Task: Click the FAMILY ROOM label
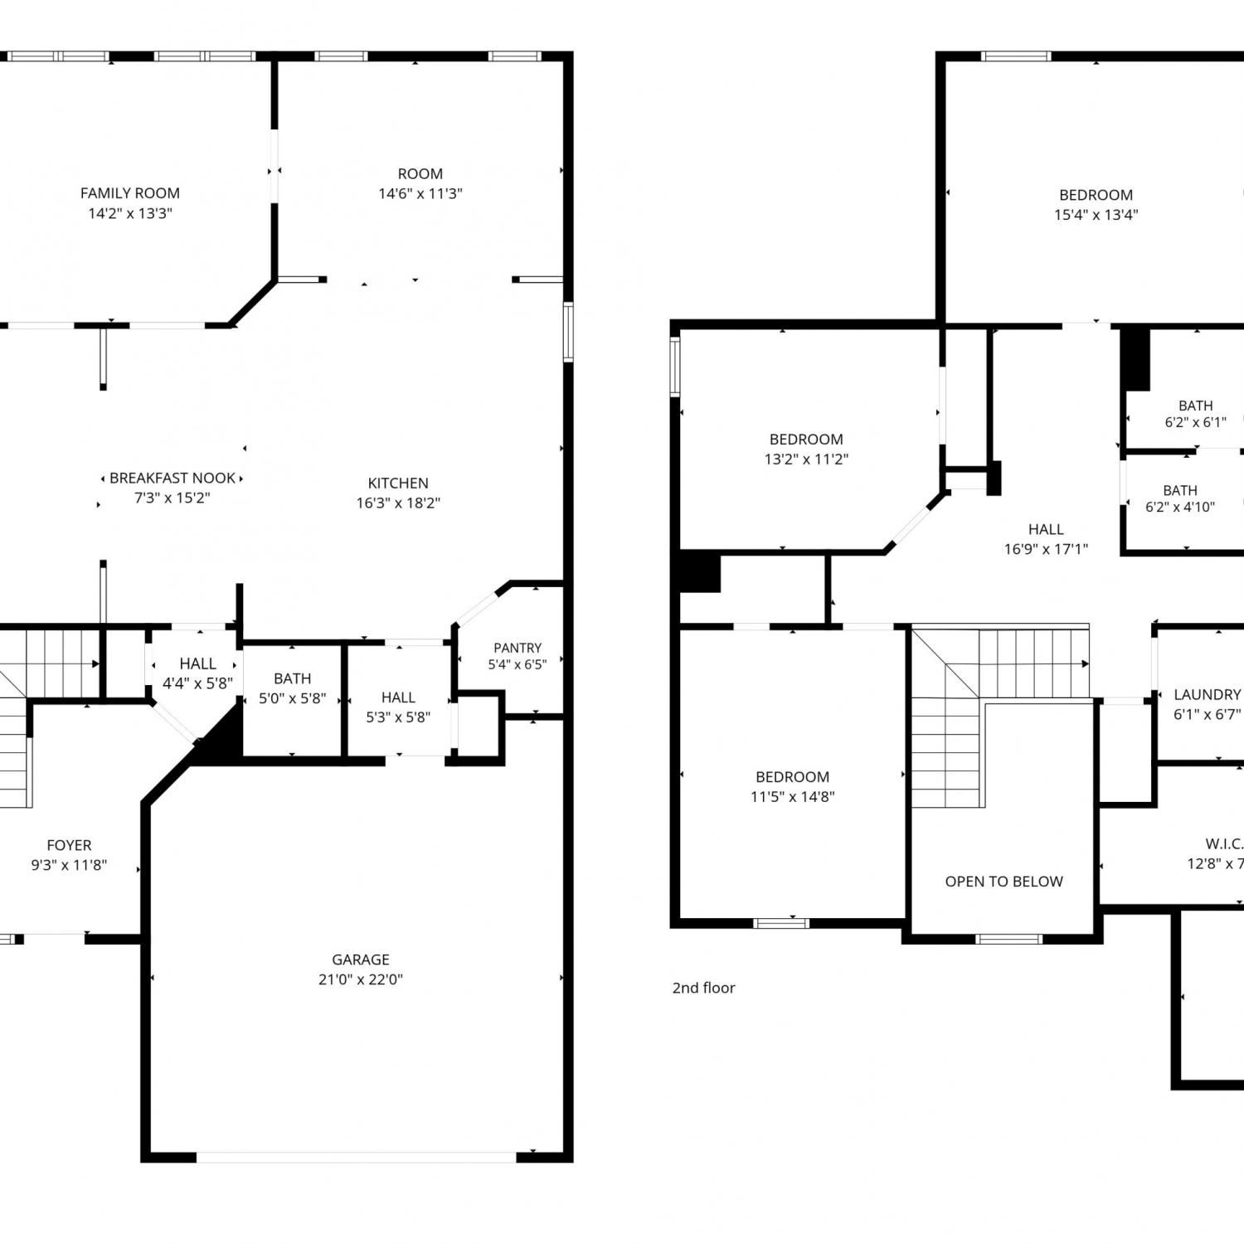point(130,193)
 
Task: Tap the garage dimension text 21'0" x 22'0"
point(361,979)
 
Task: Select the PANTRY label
point(518,648)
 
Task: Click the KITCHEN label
point(398,483)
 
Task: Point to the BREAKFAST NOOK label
point(173,479)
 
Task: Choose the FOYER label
point(69,845)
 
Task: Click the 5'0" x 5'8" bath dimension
point(293,698)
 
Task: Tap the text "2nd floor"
point(703,988)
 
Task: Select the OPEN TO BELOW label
point(1004,882)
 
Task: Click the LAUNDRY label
point(1208,695)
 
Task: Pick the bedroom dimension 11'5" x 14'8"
point(793,797)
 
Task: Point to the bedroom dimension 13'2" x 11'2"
point(806,459)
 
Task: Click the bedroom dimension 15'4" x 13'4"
point(1096,215)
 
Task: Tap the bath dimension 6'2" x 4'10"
point(1180,507)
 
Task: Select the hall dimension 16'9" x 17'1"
point(1046,549)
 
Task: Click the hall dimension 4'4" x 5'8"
point(197,683)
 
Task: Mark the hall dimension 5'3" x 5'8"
point(398,717)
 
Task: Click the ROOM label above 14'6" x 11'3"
point(420,174)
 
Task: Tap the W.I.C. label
point(1224,844)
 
